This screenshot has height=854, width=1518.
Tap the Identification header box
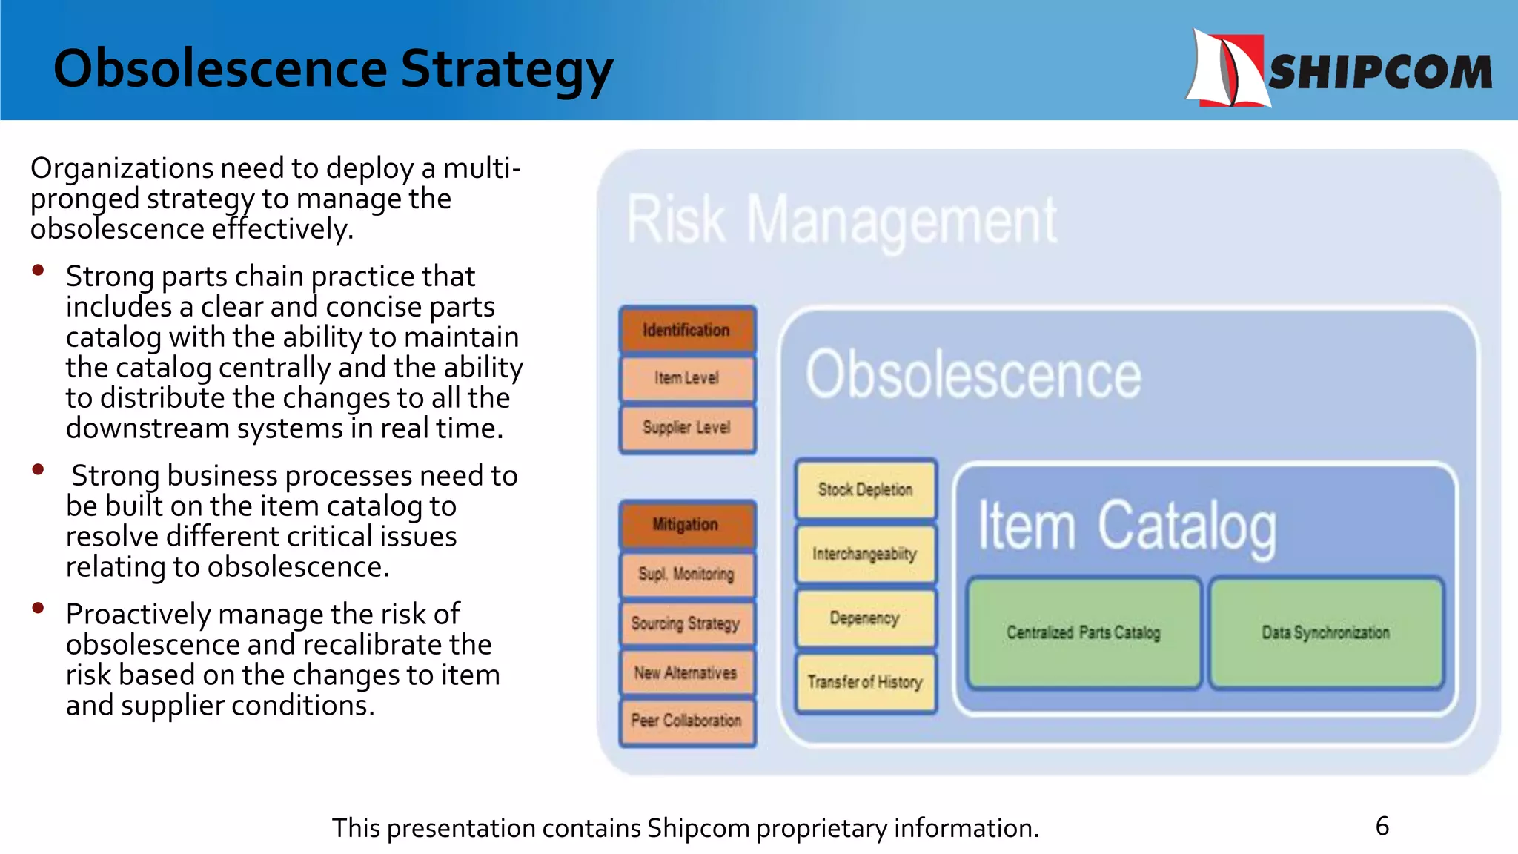pyautogui.click(x=687, y=330)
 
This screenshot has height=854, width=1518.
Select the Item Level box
pyautogui.click(x=687, y=378)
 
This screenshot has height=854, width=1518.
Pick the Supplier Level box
pyautogui.click(x=687, y=428)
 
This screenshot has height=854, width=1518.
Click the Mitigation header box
pyautogui.click(x=687, y=525)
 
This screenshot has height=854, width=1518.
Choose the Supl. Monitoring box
pyautogui.click(x=687, y=574)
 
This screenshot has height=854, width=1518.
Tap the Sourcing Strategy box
pyautogui.click(x=687, y=623)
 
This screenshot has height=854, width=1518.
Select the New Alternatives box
pyautogui.click(x=687, y=673)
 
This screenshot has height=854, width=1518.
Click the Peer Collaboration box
pyautogui.click(x=687, y=721)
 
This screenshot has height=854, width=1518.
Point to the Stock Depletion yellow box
pyautogui.click(x=865, y=489)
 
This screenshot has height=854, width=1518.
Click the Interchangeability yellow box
pyautogui.click(x=865, y=554)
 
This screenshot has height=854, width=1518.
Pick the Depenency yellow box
pyautogui.click(x=865, y=618)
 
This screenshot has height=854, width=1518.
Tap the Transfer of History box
pyautogui.click(x=865, y=682)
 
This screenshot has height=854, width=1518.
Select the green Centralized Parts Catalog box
pyautogui.click(x=1084, y=632)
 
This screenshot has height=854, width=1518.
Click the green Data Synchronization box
pyautogui.click(x=1326, y=632)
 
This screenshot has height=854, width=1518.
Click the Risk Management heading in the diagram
pyautogui.click(x=842, y=220)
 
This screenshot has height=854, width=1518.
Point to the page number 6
pyautogui.click(x=1382, y=826)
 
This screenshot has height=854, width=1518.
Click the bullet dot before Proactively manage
pyautogui.click(x=39, y=609)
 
